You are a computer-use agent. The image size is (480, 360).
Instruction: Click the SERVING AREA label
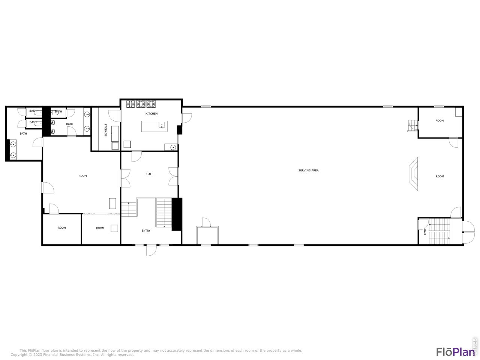point(308,171)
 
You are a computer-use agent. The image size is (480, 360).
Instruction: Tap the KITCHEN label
point(151,114)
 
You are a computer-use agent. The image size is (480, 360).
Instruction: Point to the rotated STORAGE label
point(105,130)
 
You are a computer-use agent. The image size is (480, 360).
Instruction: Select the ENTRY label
point(146,231)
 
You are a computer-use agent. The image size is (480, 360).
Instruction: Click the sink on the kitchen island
point(162,125)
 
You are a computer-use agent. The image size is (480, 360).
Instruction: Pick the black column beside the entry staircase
point(177,214)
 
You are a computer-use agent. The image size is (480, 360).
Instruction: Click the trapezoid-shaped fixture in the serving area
point(414,174)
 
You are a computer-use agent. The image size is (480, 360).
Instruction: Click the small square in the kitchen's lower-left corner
point(127,144)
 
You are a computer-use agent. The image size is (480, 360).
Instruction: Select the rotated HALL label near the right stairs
point(424,232)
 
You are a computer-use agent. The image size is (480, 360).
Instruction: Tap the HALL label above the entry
point(150,174)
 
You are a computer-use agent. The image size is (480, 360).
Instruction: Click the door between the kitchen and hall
point(136,156)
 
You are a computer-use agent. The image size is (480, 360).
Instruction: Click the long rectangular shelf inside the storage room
point(115,133)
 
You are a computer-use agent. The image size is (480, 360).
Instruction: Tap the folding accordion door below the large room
point(101,214)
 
